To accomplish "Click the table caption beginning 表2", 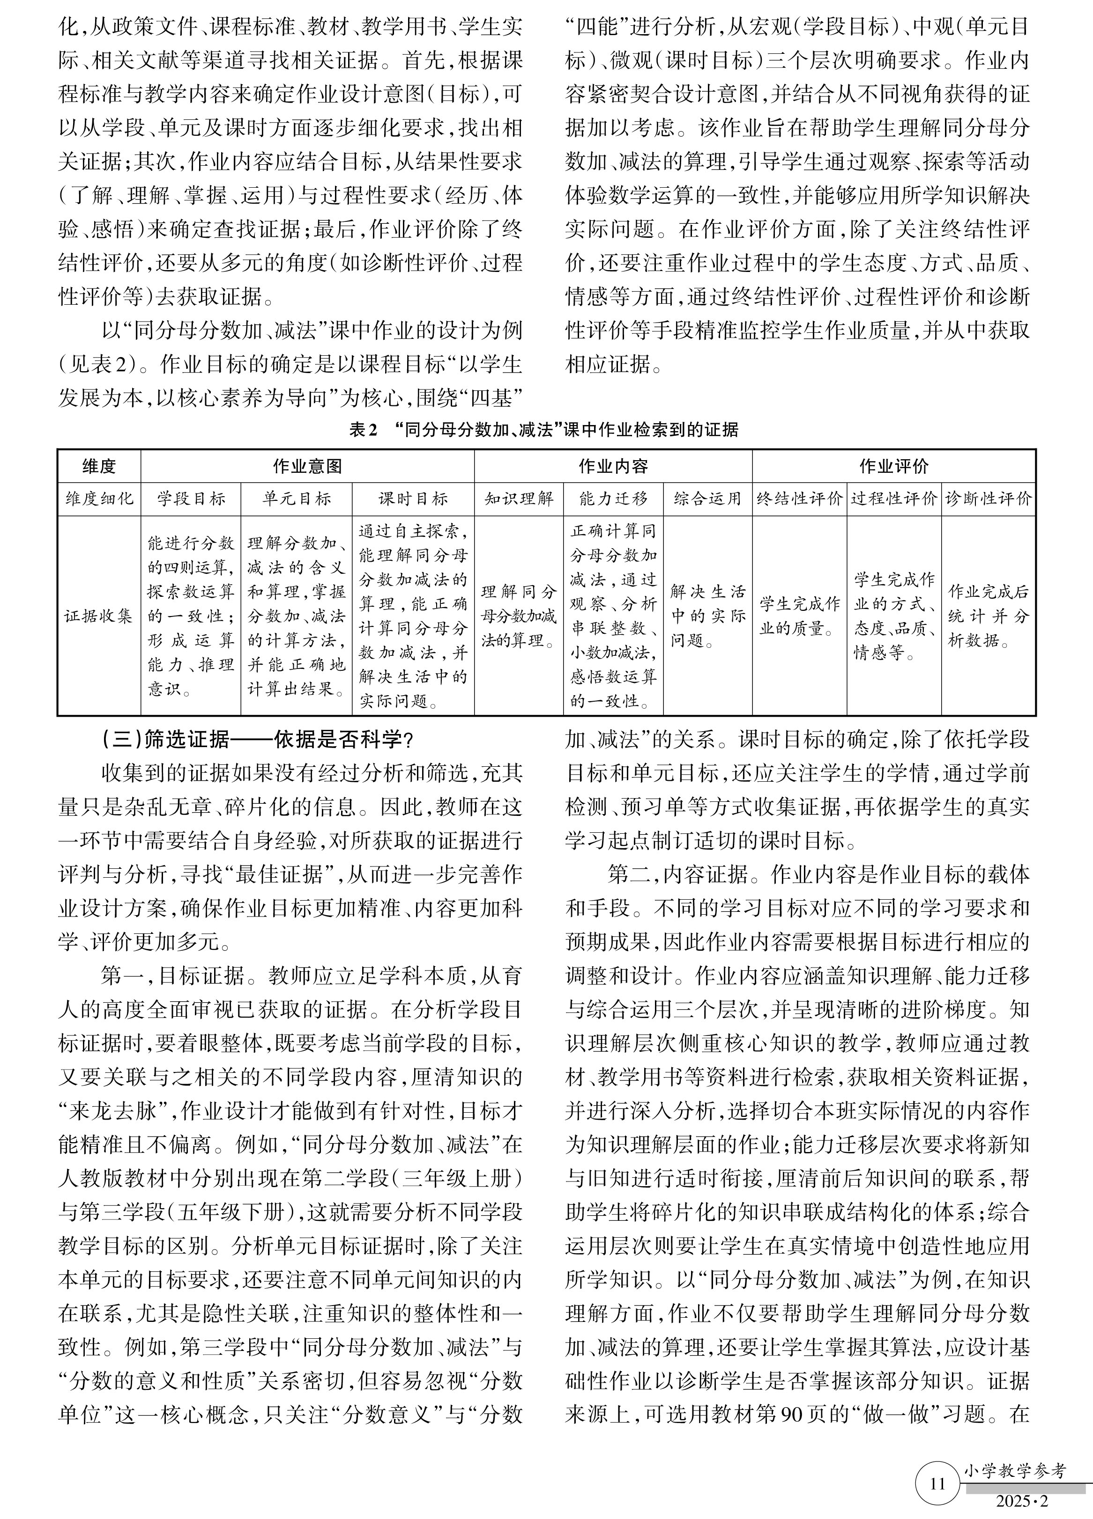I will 543,430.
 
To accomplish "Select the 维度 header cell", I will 99,466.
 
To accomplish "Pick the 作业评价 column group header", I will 893,466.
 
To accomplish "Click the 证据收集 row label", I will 99,616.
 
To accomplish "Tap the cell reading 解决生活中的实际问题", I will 708,616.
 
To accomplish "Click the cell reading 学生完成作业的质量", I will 799,616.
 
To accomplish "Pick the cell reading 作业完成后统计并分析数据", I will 989,616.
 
